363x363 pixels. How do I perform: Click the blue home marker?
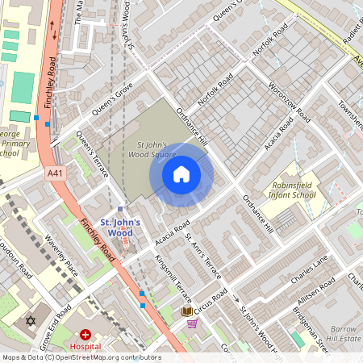[x=181, y=174]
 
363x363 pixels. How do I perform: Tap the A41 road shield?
[x=54, y=173]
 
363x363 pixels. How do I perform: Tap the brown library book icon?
[x=186, y=311]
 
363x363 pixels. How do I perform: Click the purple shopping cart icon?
[x=192, y=324]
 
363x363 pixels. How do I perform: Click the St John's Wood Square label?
[x=152, y=149]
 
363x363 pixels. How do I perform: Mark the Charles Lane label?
[x=310, y=272]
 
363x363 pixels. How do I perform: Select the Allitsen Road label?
[x=317, y=291]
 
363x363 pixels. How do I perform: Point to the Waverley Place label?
[x=60, y=255]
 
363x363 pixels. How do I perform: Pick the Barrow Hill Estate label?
[x=342, y=334]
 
